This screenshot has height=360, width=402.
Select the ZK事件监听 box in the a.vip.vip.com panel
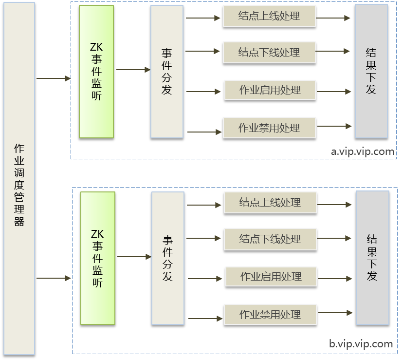point(96,71)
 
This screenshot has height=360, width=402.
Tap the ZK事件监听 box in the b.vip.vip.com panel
point(98,258)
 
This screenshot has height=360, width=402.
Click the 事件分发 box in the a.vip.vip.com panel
point(167,71)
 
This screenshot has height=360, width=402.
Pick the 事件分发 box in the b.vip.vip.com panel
point(168,258)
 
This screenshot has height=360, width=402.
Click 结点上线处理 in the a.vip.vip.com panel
point(269,17)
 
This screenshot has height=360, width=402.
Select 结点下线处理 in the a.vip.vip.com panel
point(269,52)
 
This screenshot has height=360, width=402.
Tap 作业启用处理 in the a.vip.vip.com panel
point(270,90)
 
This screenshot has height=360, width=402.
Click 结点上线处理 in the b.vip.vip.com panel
point(270,203)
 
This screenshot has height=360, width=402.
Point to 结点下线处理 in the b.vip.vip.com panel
point(270,239)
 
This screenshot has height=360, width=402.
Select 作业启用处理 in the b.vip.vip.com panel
point(271,277)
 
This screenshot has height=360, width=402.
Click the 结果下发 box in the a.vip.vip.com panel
point(371,71)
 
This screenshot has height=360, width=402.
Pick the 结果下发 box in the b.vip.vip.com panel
point(372,258)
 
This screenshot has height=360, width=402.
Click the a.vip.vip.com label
point(363,152)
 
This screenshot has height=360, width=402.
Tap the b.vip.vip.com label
point(361,344)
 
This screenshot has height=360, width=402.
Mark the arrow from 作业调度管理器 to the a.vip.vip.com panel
point(54,78)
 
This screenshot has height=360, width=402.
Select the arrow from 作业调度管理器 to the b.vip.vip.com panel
point(54,278)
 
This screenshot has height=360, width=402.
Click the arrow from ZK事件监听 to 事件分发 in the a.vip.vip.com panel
point(133,70)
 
